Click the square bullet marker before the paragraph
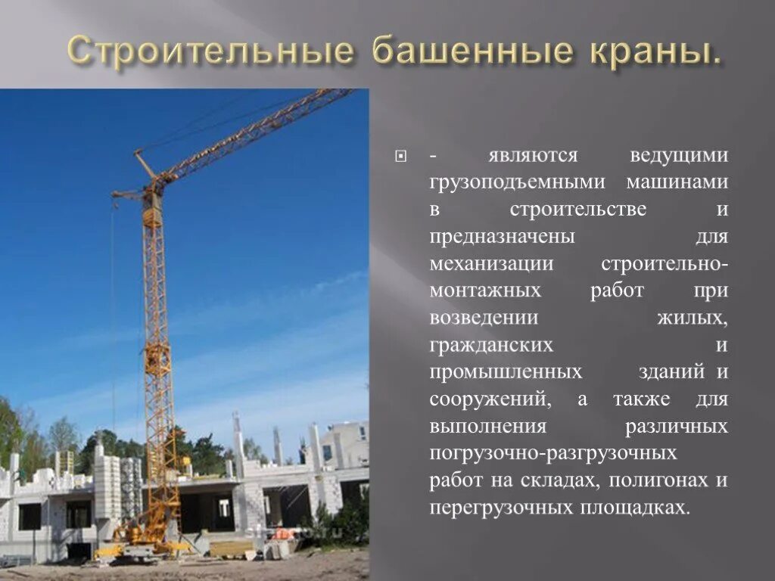401,157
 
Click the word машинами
677,182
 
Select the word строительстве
578,210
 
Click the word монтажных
485,291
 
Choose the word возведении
484,318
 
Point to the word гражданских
491,345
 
